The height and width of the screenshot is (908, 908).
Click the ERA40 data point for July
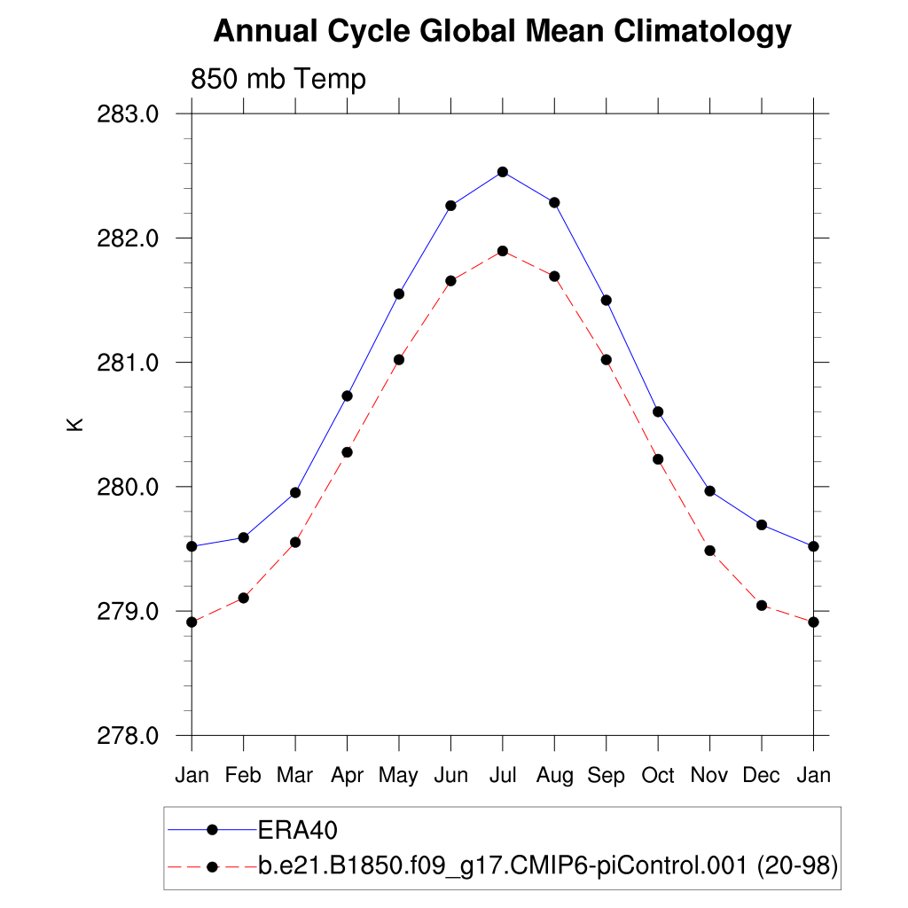pos(503,172)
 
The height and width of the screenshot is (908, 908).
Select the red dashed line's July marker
pos(503,251)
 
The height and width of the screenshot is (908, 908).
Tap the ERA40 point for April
pos(348,395)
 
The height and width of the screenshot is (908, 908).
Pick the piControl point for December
pos(762,606)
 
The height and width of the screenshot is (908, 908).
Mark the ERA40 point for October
pos(658,411)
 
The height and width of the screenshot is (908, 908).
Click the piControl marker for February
pos(243,598)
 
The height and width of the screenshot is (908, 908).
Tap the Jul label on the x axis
pos(503,776)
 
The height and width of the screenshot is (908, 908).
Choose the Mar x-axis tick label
pos(295,776)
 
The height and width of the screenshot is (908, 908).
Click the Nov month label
pos(709,776)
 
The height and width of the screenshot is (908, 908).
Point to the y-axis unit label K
pos(75,424)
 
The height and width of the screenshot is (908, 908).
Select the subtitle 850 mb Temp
pos(278,80)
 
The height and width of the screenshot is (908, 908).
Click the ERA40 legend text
pos(299,830)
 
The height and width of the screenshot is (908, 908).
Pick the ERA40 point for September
pos(607,300)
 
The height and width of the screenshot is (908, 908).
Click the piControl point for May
pos(399,360)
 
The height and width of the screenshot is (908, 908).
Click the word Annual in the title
pos(265,32)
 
